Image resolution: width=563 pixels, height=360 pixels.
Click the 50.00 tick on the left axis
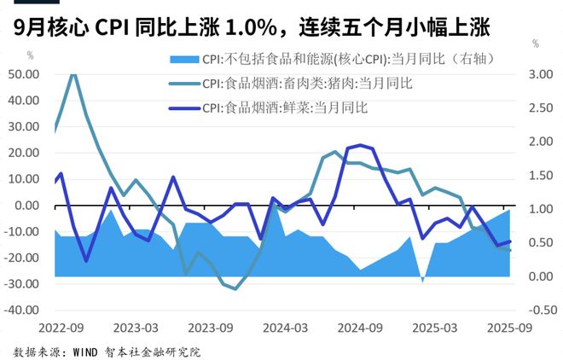tap(24, 74)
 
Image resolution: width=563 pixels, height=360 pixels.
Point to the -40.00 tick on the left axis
tap(23, 311)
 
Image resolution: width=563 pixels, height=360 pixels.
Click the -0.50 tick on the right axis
tap(537, 311)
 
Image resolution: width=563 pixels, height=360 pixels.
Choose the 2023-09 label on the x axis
tap(210, 328)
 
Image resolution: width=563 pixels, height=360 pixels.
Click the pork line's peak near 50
tap(73, 73)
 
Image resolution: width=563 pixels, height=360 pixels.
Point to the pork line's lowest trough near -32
tap(235, 289)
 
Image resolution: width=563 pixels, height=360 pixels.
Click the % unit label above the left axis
tap(32, 55)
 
